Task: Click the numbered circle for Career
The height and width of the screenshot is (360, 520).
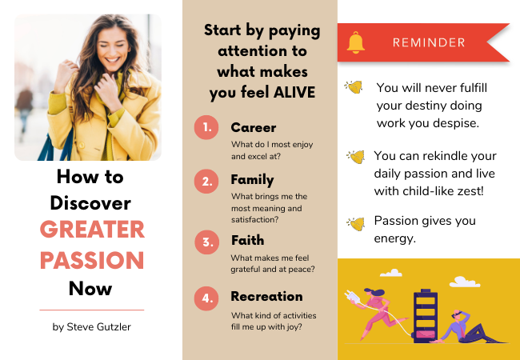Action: pyautogui.click(x=206, y=127)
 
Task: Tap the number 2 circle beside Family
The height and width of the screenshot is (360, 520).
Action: pyautogui.click(x=206, y=182)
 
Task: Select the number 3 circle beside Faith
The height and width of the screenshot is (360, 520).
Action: pyautogui.click(x=206, y=242)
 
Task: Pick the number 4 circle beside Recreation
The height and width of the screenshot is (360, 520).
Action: pyautogui.click(x=206, y=298)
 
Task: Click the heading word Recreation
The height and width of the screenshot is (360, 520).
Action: pyautogui.click(x=266, y=296)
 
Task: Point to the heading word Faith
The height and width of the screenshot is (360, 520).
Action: pyautogui.click(x=247, y=240)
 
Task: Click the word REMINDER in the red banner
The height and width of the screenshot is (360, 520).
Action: pyautogui.click(x=429, y=42)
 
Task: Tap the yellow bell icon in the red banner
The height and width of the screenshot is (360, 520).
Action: pyautogui.click(x=356, y=42)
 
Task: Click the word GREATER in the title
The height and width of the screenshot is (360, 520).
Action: pyautogui.click(x=92, y=229)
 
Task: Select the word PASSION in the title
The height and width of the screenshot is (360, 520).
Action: pyautogui.click(x=92, y=260)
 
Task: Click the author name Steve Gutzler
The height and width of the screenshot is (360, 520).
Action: pyautogui.click(x=99, y=327)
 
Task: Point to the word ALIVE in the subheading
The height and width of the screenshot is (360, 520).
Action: pyautogui.click(x=294, y=92)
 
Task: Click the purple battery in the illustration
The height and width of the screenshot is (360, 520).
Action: pyautogui.click(x=425, y=315)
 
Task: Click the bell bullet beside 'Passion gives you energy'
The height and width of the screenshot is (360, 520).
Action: pyautogui.click(x=355, y=224)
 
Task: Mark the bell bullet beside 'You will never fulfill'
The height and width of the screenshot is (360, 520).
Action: pyautogui.click(x=354, y=87)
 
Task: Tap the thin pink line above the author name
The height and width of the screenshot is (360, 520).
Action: pyautogui.click(x=92, y=310)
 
